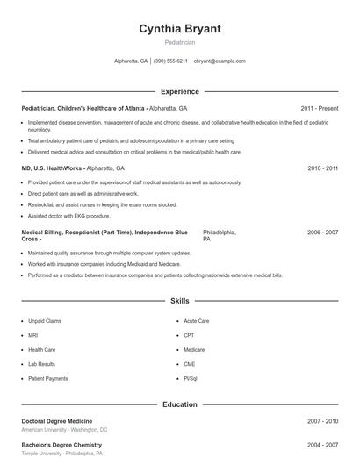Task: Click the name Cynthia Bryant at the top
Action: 180,29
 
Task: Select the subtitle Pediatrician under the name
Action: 180,42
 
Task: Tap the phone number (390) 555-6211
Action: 170,61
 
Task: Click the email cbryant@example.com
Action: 220,61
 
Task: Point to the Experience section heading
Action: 180,91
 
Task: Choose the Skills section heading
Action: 180,301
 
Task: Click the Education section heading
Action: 180,404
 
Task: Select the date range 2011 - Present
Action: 319,108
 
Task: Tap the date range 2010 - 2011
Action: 322,168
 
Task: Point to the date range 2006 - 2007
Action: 322,232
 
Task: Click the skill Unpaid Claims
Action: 45,321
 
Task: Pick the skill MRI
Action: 33,335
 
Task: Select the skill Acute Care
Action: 197,321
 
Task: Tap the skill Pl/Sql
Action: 191,378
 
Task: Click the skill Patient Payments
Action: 47,378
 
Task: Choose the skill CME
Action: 190,364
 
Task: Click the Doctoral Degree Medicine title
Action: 56,421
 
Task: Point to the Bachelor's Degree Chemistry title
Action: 61,445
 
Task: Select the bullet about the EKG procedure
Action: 69,215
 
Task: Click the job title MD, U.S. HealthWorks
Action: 53,168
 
